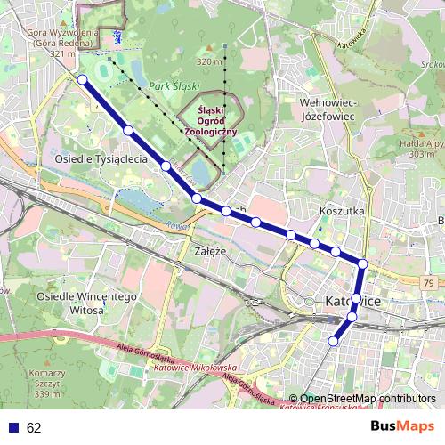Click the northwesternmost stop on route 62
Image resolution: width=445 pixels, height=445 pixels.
point(82,79)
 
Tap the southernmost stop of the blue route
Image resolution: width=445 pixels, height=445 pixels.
point(335,341)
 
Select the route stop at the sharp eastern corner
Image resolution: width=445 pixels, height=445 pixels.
point(363,263)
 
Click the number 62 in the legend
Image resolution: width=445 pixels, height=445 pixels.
point(33,427)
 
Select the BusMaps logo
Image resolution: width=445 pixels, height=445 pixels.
point(402,427)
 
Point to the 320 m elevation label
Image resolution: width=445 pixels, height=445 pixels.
point(208,61)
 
